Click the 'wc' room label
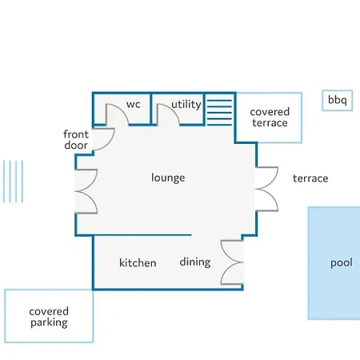[134, 104]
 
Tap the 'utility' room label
[186, 104]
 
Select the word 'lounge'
[168, 178]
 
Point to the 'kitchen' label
[138, 262]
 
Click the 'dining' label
[195, 262]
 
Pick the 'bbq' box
[338, 100]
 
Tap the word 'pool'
[342, 263]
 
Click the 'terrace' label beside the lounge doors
[310, 178]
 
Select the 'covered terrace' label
[270, 118]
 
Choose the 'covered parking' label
[49, 317]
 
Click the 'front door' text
[76, 140]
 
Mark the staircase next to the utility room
[219, 113]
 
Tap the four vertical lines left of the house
[13, 182]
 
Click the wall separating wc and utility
[151, 109]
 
